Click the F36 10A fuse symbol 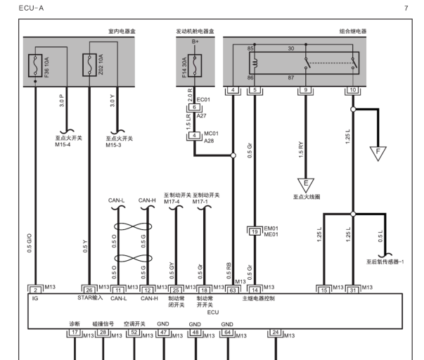(x=35, y=65)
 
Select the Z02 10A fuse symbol (x=89, y=65)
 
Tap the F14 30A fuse (x=195, y=65)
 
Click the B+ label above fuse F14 (x=195, y=41)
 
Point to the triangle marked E (x=306, y=184)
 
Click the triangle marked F (x=378, y=153)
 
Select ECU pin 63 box (x=233, y=290)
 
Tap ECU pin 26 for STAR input (x=89, y=290)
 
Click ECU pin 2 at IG (x=35, y=290)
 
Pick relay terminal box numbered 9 (x=306, y=90)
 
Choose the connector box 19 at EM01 (x=255, y=232)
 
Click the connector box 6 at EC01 (x=194, y=107)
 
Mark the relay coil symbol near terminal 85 (x=255, y=63)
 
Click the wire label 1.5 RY (x=301, y=150)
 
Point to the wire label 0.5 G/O (x=30, y=243)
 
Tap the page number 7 (x=406, y=8)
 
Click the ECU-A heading (x=31, y=8)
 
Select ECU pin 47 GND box (x=164, y=332)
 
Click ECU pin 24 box (x=276, y=332)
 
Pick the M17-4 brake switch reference (x=172, y=202)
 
